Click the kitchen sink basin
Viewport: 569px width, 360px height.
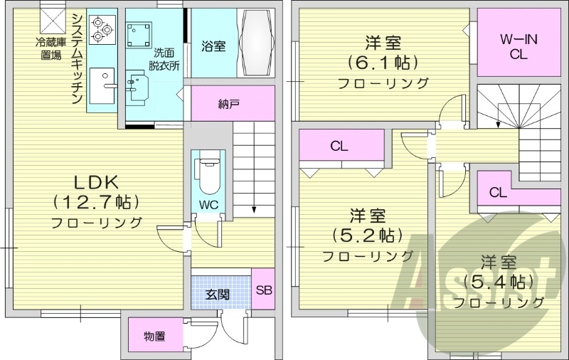104,84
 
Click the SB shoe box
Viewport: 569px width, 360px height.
263,290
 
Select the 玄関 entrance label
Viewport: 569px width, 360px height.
218,294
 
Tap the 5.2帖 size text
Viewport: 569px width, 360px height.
367,235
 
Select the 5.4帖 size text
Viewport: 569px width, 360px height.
497,282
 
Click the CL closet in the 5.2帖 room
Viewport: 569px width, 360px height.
339,147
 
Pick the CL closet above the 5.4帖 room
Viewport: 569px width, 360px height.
498,192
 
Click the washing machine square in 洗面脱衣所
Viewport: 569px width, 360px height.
138,35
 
